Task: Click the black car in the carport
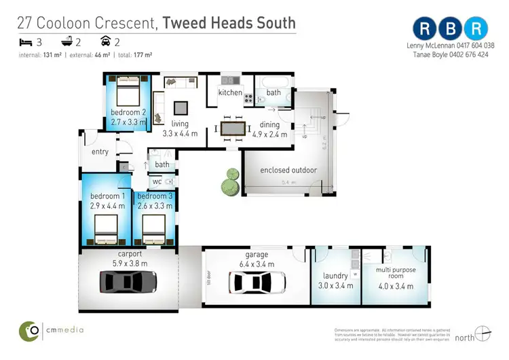click(x=128, y=280)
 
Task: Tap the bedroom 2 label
click(x=128, y=113)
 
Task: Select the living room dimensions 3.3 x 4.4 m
click(x=180, y=134)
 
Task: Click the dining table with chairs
click(x=233, y=128)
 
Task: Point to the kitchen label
click(x=230, y=92)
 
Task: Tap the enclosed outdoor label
click(x=288, y=170)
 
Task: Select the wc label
click(x=156, y=182)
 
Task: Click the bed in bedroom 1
click(x=106, y=229)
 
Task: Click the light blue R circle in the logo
click(x=478, y=29)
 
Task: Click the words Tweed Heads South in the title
click(x=229, y=22)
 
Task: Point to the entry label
click(x=100, y=151)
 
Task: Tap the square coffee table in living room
click(x=181, y=107)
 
